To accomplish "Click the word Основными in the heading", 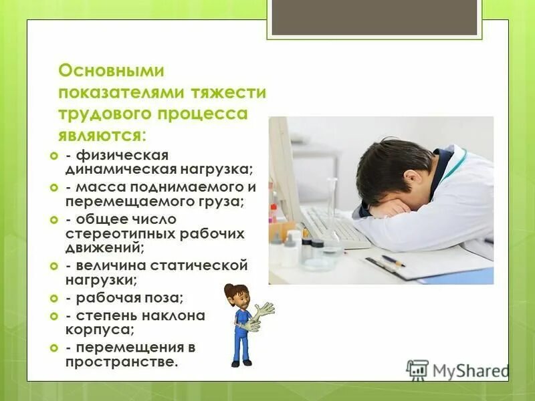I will click(111, 70).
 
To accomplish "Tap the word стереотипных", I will click(120, 234).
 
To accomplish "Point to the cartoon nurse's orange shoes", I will click(241, 362).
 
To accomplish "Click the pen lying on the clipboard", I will click(393, 261).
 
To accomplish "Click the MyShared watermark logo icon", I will click(417, 370).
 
